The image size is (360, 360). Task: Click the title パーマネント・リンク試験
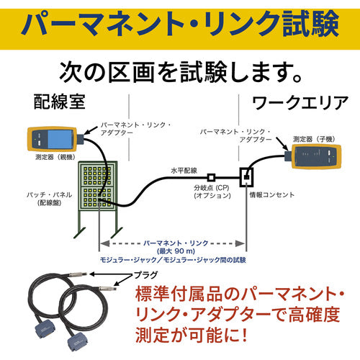180,23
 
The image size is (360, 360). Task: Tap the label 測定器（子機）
318,133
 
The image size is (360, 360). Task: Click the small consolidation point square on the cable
211,176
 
